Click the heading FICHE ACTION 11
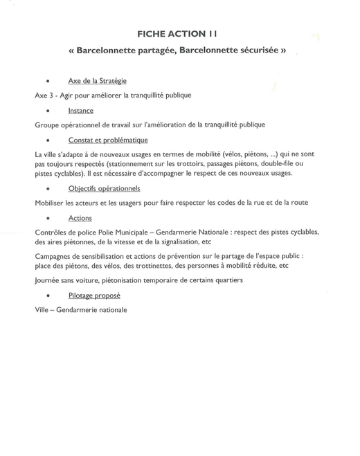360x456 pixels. pyautogui.click(x=180, y=33)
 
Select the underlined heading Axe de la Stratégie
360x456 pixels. pyautogui.click(x=97, y=81)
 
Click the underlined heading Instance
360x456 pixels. pyautogui.click(x=81, y=111)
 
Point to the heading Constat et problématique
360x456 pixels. pyautogui.click(x=108, y=140)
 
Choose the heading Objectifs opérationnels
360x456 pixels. pyautogui.click(x=104, y=188)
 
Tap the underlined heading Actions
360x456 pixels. pyautogui.click(x=80, y=218)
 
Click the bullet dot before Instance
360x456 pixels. pyautogui.click(x=47, y=111)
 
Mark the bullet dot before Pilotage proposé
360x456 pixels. pyautogui.click(x=47, y=296)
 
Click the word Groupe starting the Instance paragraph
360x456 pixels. pyautogui.click(x=48, y=125)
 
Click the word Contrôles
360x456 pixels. pyautogui.click(x=51, y=232)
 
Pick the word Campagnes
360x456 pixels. pyautogui.click(x=54, y=255)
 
